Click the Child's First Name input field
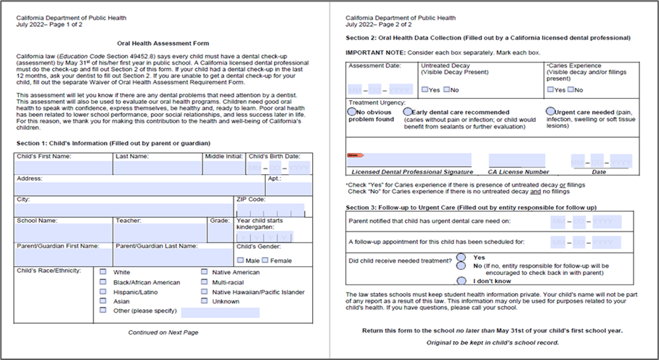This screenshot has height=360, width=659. (63, 168)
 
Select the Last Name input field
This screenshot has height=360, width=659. (157, 168)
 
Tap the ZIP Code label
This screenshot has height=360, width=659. (250, 199)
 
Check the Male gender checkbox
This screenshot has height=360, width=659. (240, 261)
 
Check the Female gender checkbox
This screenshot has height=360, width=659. (266, 261)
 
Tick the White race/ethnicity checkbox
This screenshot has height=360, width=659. (103, 272)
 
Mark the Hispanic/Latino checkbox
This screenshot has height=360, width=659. (103, 292)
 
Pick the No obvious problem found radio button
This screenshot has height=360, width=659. (352, 112)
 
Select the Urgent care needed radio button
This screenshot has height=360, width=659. (550, 112)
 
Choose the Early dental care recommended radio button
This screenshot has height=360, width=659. (406, 112)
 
